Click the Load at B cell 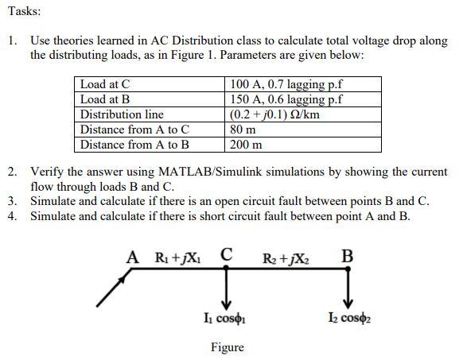[x=105, y=99]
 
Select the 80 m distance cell [x=243, y=130]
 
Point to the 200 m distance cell [x=246, y=145]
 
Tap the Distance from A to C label [x=135, y=130]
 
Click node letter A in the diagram [x=134, y=257]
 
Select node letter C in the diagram [x=227, y=256]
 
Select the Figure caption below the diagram [x=227, y=347]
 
